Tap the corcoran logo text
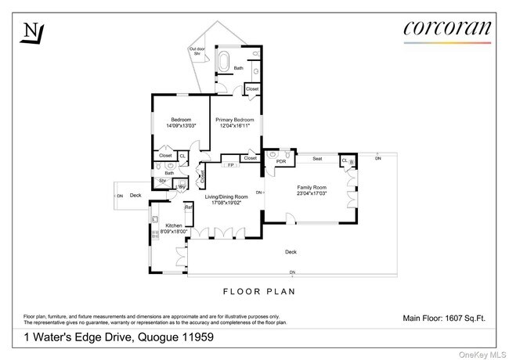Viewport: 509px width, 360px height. click(x=447, y=28)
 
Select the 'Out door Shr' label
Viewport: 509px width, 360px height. click(x=197, y=52)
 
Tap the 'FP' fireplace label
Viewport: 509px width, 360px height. click(x=230, y=165)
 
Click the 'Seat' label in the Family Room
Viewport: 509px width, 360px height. click(x=317, y=159)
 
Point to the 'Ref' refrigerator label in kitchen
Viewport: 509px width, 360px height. click(x=188, y=207)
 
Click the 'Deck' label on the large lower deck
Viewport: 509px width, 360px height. click(x=291, y=252)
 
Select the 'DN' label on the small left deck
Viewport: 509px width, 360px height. click(x=119, y=196)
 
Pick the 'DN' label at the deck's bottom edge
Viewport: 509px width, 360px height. click(x=292, y=272)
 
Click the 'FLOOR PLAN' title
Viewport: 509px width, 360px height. click(x=259, y=292)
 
